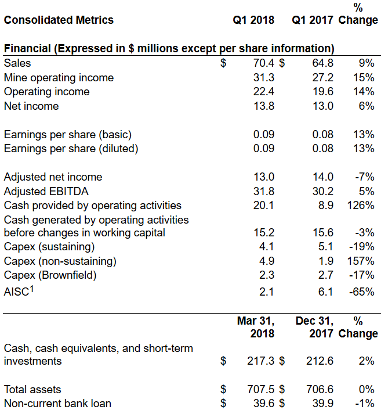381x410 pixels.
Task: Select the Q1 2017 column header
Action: click(312, 20)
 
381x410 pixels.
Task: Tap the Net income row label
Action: click(31, 106)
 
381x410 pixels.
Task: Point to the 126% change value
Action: click(362, 205)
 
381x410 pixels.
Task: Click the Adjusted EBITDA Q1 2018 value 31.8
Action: click(264, 191)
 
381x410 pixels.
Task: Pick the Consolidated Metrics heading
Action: click(59, 20)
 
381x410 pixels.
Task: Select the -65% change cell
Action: click(362, 292)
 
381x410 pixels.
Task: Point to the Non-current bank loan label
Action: click(57, 404)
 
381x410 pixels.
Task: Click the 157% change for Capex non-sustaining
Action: click(362, 261)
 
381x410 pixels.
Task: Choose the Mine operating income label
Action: click(59, 77)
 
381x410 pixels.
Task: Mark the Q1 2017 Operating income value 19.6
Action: click(322, 92)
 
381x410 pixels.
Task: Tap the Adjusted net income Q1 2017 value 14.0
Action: click(322, 177)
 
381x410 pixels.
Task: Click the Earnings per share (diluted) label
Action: click(71, 149)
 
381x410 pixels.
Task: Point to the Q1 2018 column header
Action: click(253, 20)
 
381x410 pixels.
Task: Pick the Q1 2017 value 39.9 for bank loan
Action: click(322, 404)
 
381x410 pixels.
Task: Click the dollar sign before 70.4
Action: click(223, 63)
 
